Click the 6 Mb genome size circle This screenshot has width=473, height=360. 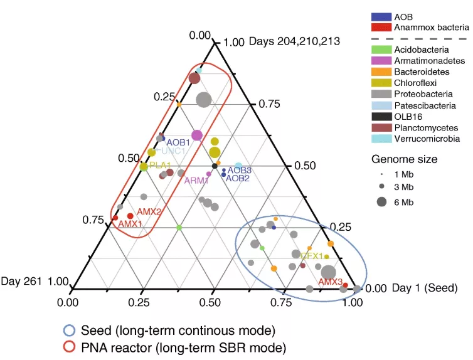pyautogui.click(x=381, y=202)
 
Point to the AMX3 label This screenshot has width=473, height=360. pyautogui.click(x=330, y=282)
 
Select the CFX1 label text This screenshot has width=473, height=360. pyautogui.click(x=312, y=256)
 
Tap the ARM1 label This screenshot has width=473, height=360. pyautogui.click(x=197, y=180)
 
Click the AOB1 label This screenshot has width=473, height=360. pyautogui.click(x=178, y=143)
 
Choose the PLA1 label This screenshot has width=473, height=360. pyautogui.click(x=161, y=165)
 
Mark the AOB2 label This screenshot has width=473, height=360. pyautogui.click(x=238, y=178)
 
